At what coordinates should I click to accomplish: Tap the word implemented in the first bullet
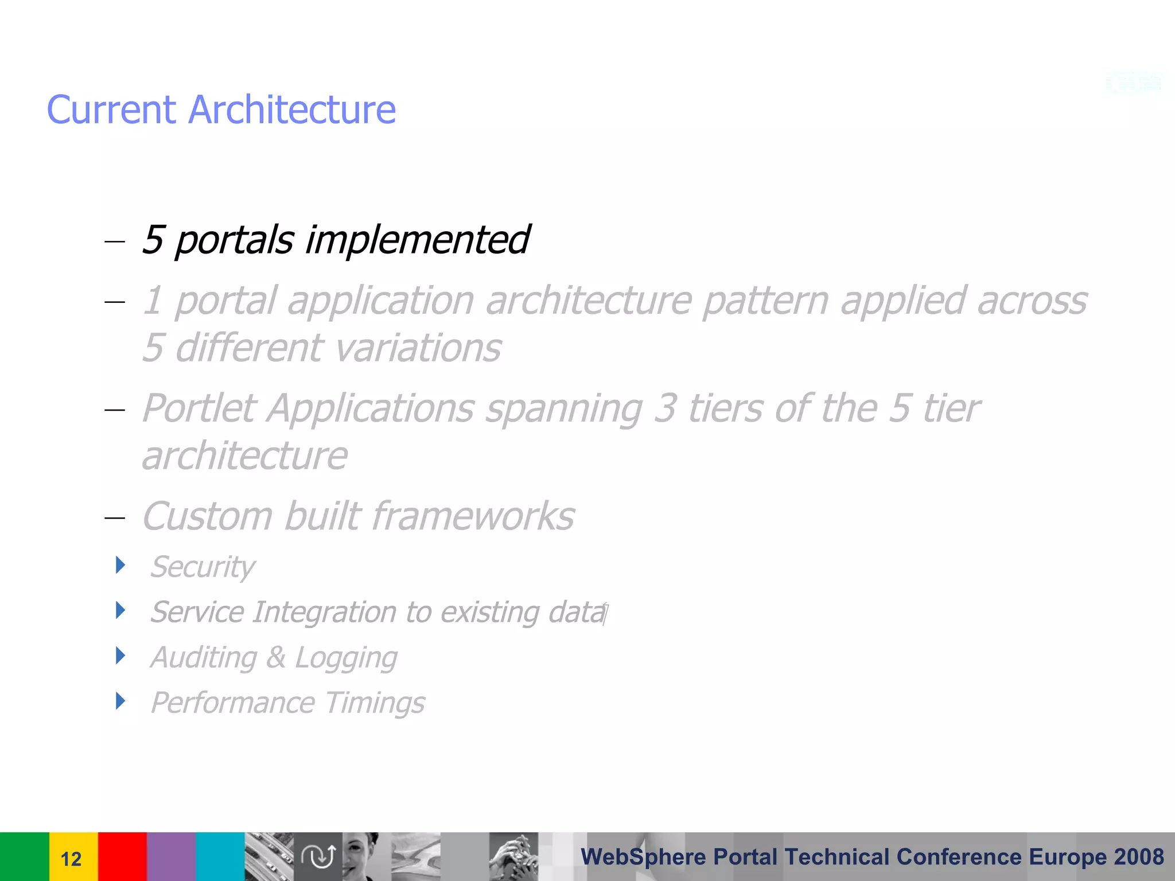point(417,240)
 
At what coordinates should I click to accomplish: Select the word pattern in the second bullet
point(765,301)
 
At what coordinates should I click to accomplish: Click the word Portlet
point(199,408)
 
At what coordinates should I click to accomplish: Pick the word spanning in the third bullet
point(564,410)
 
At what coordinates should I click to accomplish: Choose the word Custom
point(207,516)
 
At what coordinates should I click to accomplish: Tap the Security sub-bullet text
point(203,567)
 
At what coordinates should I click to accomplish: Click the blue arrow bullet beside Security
point(120,565)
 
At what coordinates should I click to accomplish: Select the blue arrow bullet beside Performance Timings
point(120,701)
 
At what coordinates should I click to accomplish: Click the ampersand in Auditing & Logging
point(276,657)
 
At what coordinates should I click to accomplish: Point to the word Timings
point(375,703)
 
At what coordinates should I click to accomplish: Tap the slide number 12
point(71,859)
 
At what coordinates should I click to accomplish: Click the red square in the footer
point(122,856)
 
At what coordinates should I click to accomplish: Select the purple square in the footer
point(171,856)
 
